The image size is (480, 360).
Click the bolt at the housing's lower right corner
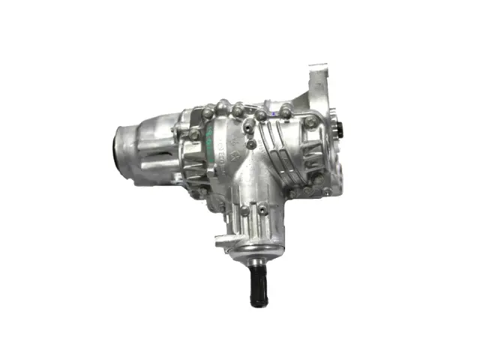pyautogui.click(x=328, y=191)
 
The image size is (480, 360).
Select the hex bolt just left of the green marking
pyautogui.click(x=195, y=134)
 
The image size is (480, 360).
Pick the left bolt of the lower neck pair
pyautogui.click(x=241, y=211)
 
